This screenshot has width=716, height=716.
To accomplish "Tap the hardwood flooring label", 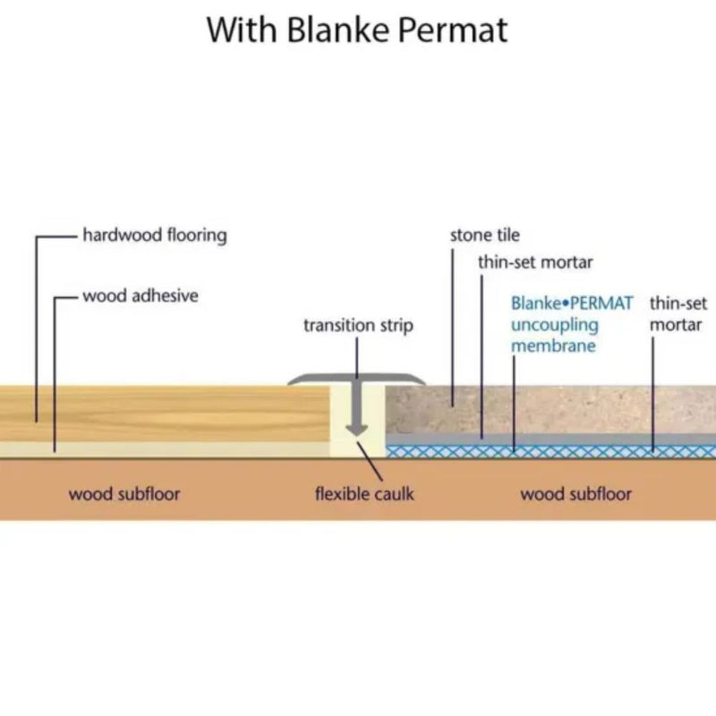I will pos(154,236).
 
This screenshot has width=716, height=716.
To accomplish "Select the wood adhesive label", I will pos(141,296).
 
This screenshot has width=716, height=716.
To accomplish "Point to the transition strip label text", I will pos(358,326).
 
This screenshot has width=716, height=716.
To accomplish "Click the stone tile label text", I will pos(484,236).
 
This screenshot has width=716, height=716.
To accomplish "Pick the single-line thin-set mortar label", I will pos(535,262).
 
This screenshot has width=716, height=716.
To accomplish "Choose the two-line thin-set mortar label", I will pos(678,314).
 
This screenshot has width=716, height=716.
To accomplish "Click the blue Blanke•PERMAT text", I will pos(572,304).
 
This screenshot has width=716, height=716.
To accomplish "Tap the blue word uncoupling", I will pos(554,325).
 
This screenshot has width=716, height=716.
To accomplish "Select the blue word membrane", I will pos(553,345).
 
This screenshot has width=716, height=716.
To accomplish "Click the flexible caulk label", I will pos(364,494).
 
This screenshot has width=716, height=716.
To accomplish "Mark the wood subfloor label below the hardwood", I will pos(124,494).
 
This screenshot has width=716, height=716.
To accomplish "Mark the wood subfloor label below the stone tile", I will pos(575,494).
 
